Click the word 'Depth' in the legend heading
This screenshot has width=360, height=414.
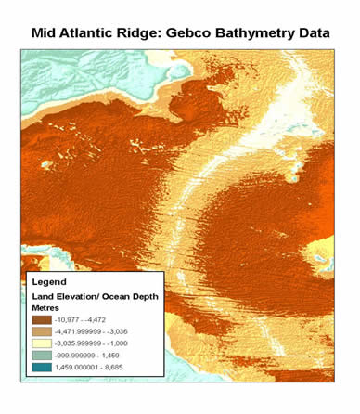click(x=142, y=294)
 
